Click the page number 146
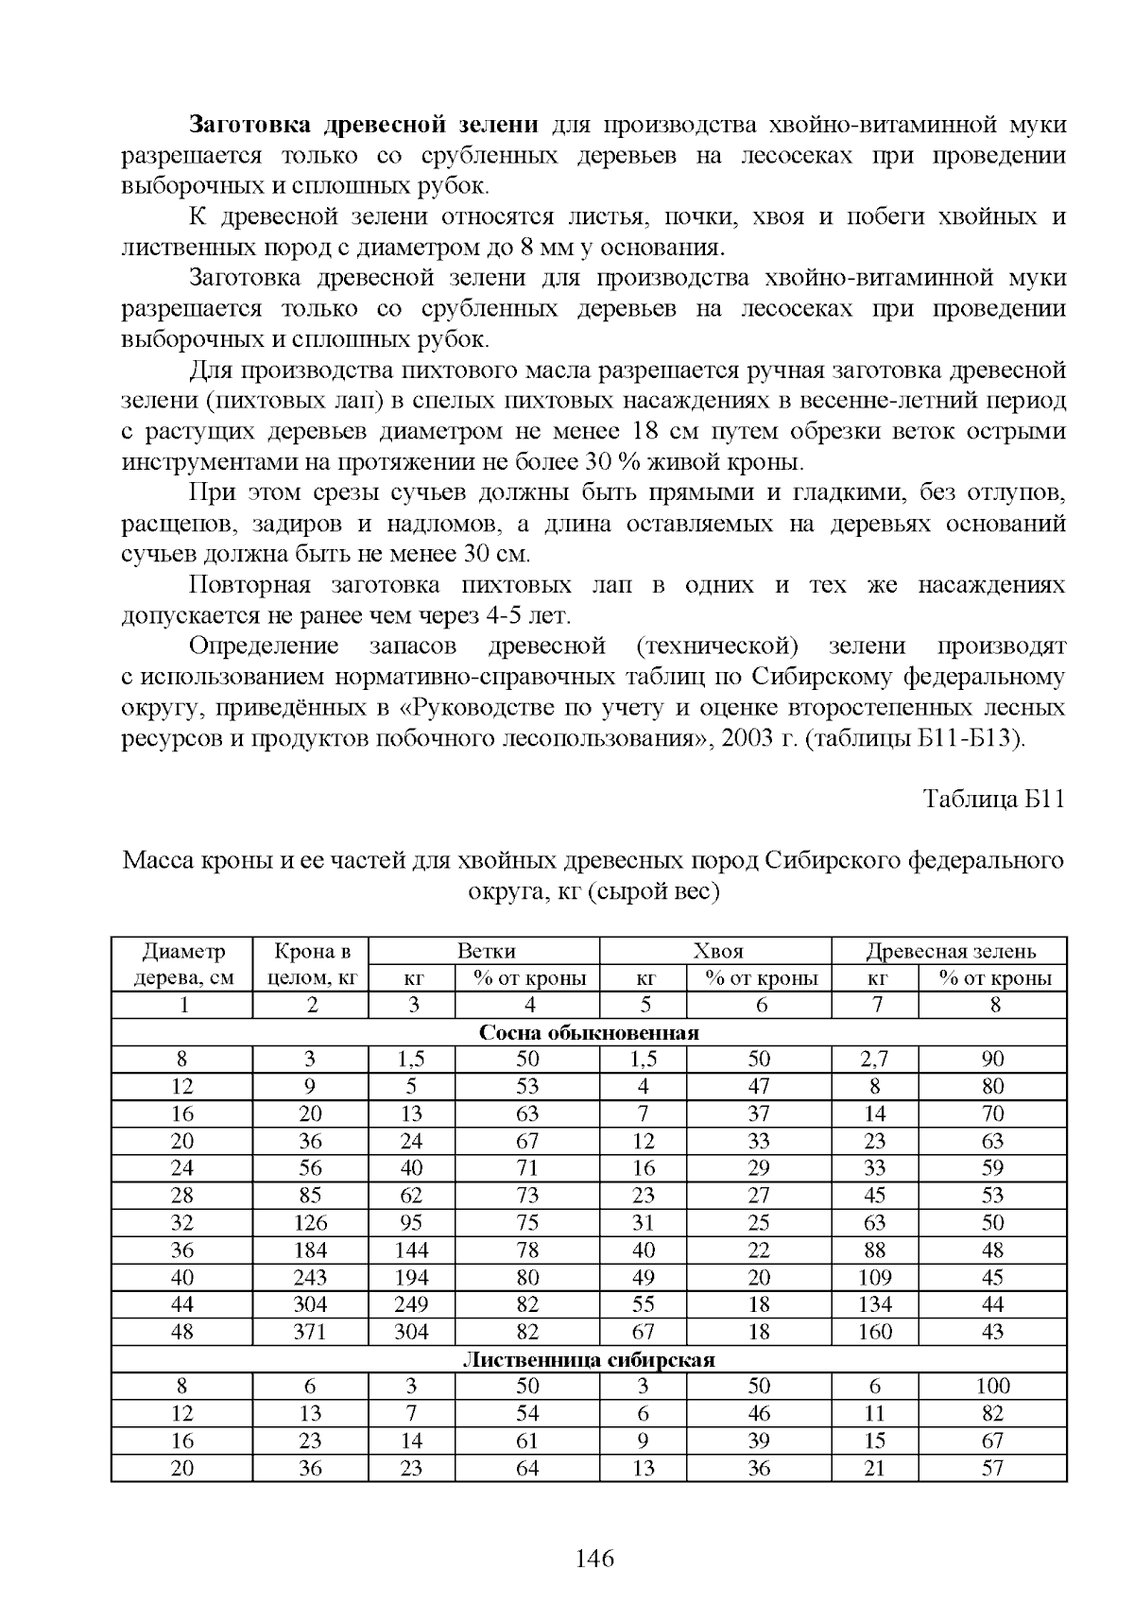[x=594, y=1558]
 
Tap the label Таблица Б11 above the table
[x=993, y=799]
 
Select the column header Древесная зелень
[x=950, y=951]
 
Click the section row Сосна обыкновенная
[x=589, y=1032]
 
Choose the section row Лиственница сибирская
[x=589, y=1360]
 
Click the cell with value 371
[x=310, y=1333]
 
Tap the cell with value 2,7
[x=875, y=1060]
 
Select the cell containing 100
[x=992, y=1387]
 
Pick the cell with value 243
[x=310, y=1278]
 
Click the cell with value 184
[x=310, y=1250]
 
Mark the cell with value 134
[x=875, y=1305]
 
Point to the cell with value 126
[x=310, y=1223]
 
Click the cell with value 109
[x=875, y=1278]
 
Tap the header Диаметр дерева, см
[x=183, y=964]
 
